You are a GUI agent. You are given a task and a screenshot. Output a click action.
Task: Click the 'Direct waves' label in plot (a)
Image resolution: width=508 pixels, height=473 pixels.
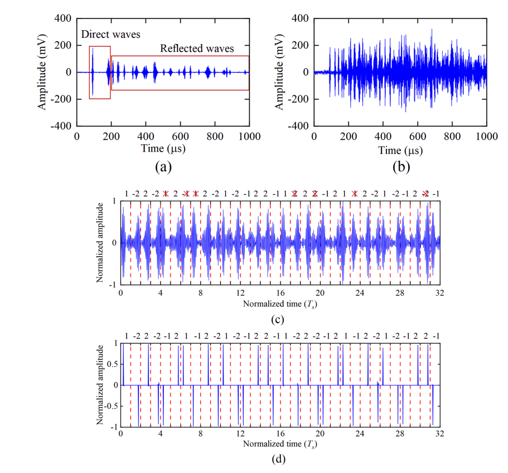(110, 35)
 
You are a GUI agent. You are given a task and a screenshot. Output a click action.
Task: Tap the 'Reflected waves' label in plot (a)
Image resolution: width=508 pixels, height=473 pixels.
(197, 49)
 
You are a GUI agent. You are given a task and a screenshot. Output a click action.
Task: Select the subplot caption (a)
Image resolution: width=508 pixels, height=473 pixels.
(162, 166)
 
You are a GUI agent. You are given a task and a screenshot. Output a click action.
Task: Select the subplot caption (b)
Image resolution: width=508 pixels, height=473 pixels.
(399, 166)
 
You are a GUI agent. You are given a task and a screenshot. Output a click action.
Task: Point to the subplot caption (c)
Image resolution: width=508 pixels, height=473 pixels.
(277, 320)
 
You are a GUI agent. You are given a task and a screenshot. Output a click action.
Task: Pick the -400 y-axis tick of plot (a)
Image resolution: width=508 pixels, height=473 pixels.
(61, 126)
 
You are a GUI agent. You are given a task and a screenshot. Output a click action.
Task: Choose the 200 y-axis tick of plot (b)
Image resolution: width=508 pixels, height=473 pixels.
(301, 45)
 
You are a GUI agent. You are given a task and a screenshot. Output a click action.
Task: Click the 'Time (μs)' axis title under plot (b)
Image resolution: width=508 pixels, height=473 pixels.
(400, 150)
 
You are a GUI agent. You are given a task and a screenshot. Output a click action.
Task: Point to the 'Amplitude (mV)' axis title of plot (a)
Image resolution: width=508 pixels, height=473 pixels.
(42, 72)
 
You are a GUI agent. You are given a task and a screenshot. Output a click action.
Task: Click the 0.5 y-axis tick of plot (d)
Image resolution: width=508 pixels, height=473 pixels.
(111, 364)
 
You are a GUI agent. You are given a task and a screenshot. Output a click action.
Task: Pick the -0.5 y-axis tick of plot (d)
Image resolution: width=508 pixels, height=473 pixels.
(110, 406)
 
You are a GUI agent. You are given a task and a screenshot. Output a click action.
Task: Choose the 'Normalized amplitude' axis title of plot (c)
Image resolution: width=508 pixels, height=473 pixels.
(100, 243)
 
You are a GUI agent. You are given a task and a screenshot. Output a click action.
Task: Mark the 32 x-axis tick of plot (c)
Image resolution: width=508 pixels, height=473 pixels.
(439, 292)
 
